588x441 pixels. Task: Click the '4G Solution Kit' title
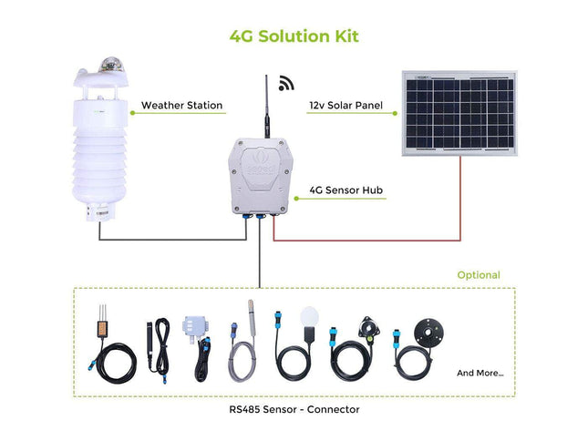pos(294,36)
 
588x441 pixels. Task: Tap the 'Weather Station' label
pos(182,106)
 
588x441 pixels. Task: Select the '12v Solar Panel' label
pos(346,106)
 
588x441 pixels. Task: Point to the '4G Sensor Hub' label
pos(346,190)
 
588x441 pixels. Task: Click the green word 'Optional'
pos(479,275)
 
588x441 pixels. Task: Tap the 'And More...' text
pos(480,373)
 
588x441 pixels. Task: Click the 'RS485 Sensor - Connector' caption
pos(294,409)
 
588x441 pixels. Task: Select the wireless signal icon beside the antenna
pos(286,83)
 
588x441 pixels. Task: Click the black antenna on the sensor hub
pos(267,107)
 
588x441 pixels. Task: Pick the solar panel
pos(459,113)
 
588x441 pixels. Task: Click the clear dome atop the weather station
pos(110,65)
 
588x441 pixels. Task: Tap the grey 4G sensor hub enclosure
pos(260,176)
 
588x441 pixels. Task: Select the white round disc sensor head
pos(309,316)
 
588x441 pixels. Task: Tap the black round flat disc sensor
pos(428,332)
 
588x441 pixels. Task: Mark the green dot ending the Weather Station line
pos(132,113)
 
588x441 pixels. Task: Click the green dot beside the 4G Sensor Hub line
pos(296,199)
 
